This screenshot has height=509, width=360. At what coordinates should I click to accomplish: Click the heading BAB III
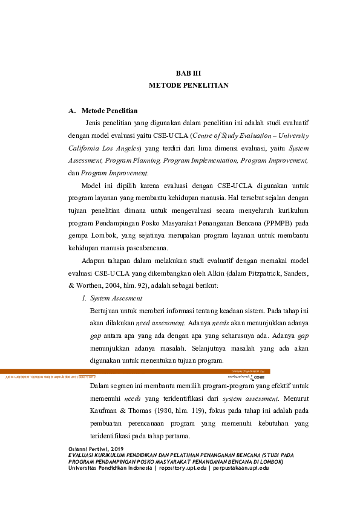pos(188,73)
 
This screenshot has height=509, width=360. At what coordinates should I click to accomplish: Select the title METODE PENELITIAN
pos(188,86)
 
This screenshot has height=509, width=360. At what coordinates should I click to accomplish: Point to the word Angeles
pos(126,148)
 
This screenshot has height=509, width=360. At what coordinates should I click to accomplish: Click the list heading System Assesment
pos(116,298)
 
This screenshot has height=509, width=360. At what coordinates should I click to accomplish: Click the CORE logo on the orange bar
pos(257,376)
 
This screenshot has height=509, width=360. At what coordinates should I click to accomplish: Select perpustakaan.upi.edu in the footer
pos(238,468)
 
